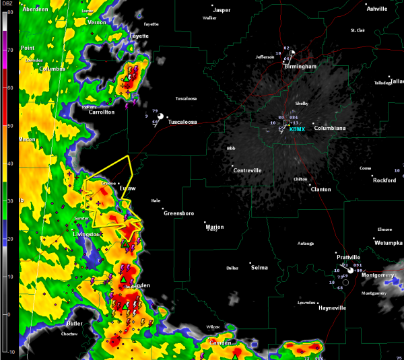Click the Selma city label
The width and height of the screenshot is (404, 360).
point(259,268)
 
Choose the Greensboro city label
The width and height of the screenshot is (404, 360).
point(179,213)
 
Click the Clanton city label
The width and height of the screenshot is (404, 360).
point(321,190)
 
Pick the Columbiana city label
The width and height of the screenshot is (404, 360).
point(330,128)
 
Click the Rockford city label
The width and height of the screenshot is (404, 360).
point(384,180)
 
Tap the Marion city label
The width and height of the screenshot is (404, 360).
point(215,226)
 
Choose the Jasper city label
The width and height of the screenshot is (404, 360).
point(222,10)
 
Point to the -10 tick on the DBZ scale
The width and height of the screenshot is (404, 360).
point(10,351)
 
